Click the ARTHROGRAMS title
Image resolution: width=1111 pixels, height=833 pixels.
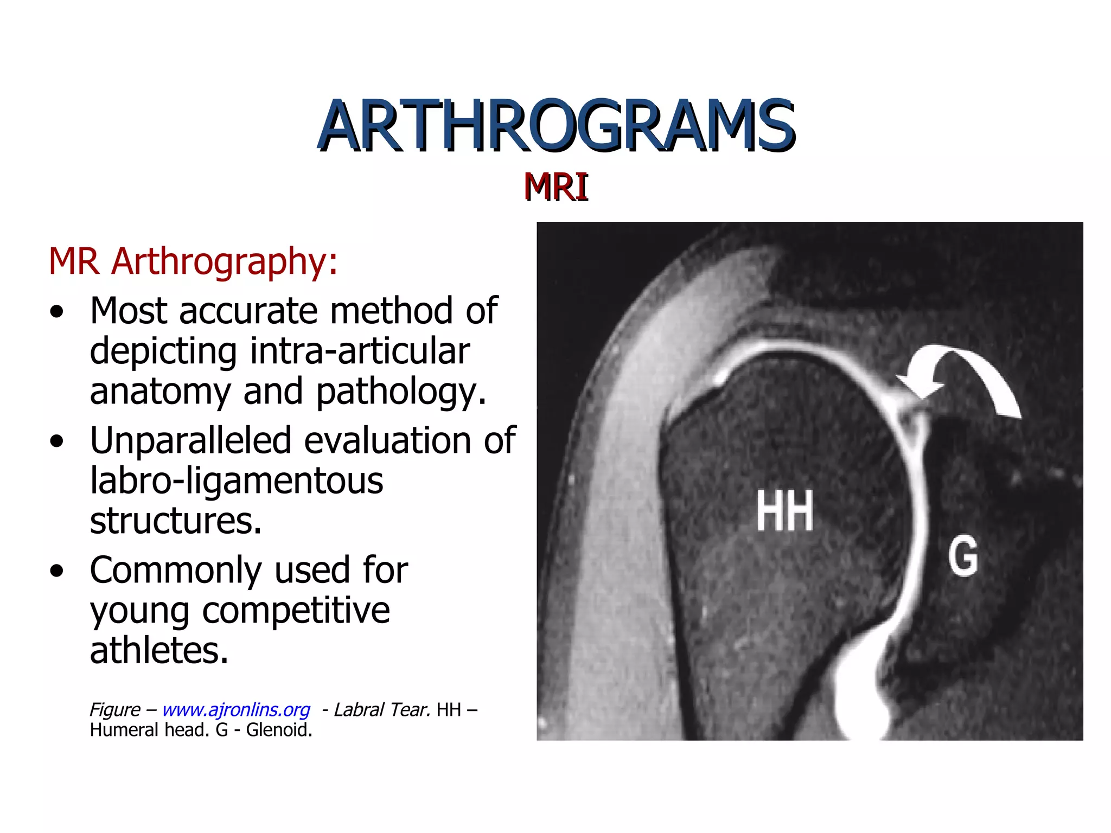coord(556,126)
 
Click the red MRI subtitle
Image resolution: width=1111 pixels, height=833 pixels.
coord(556,187)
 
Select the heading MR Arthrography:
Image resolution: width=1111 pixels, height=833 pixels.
coord(193,262)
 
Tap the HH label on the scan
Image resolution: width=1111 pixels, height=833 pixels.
coord(784,511)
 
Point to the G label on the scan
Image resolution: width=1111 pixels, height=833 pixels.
coord(963,556)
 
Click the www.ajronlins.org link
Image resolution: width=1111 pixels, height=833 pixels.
coord(236,709)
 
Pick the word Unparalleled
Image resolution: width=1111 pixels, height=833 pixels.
coord(190,440)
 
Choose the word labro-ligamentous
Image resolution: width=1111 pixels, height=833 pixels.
coord(237,480)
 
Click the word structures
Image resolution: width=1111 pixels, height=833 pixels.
coord(175,521)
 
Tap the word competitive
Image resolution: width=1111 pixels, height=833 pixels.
coord(296,611)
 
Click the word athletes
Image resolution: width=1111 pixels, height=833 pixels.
coord(159,651)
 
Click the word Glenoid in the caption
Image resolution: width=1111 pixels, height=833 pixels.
coord(279,730)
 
